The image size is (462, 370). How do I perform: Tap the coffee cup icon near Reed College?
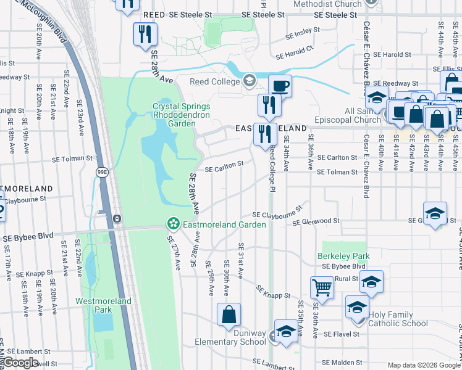(280, 85)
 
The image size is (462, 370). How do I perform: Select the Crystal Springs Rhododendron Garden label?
(173, 115)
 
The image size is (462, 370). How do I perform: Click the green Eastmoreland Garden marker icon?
(174, 223)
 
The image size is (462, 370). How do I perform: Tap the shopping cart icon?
(322, 287)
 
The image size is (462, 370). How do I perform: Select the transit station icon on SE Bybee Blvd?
(117, 218)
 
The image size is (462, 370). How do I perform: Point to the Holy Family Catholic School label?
(398, 319)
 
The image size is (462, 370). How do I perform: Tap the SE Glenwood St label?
(316, 221)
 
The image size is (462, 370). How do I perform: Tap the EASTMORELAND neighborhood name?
(271, 128)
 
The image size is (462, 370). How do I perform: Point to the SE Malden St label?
(342, 362)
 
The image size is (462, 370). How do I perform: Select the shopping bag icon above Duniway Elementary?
(229, 314)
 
